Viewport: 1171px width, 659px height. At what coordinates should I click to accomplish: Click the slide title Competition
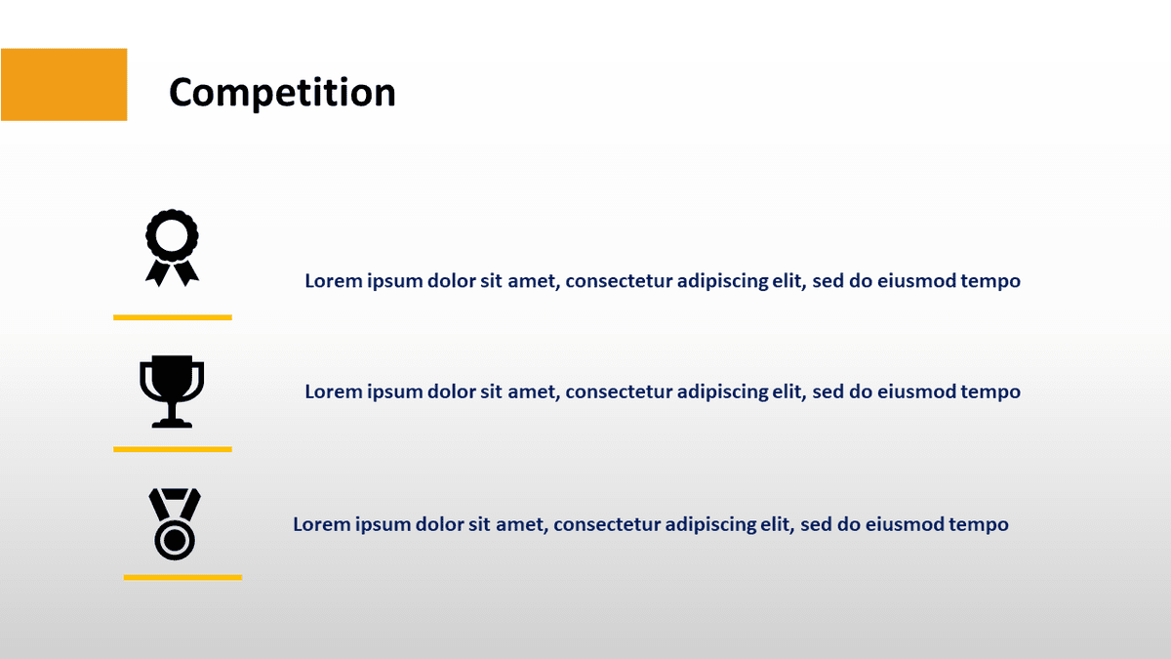pyautogui.click(x=282, y=93)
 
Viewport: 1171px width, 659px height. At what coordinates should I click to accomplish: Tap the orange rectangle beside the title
pyautogui.click(x=63, y=85)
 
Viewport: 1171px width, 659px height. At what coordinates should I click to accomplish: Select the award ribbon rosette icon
pyautogui.click(x=172, y=246)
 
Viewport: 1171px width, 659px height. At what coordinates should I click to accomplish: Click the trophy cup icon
pyautogui.click(x=172, y=390)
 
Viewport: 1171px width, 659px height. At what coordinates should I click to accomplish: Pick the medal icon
pyautogui.click(x=175, y=523)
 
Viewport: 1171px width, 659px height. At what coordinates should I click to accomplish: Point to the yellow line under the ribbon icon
pyautogui.click(x=173, y=317)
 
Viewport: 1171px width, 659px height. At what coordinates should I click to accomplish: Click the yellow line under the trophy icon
pyautogui.click(x=173, y=449)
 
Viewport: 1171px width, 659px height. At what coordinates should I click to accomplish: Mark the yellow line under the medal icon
pyautogui.click(x=182, y=577)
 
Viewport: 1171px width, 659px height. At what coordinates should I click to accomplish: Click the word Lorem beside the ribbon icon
pyautogui.click(x=333, y=281)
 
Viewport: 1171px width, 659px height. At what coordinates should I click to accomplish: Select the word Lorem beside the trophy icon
pyautogui.click(x=333, y=392)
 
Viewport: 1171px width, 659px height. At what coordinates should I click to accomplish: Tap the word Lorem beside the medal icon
pyautogui.click(x=321, y=525)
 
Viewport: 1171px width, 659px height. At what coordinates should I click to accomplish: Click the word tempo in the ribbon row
pyautogui.click(x=990, y=282)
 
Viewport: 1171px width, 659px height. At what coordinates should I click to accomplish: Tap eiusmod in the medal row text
pyautogui.click(x=905, y=525)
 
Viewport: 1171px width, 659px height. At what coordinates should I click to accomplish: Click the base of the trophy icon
pyautogui.click(x=172, y=423)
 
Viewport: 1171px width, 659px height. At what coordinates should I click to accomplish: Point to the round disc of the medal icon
pyautogui.click(x=175, y=539)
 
